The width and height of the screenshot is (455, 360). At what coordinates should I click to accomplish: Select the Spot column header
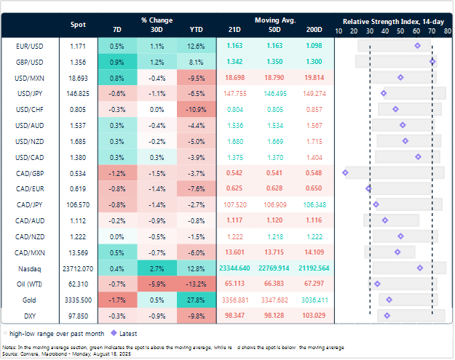click(x=77, y=25)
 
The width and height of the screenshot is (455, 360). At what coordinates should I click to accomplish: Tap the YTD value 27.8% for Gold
click(x=197, y=300)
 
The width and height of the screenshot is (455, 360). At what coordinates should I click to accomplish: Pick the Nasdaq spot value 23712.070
click(x=77, y=268)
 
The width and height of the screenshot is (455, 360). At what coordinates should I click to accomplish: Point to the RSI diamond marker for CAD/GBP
click(x=345, y=172)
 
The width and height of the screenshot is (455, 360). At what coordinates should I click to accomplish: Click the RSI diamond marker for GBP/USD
click(x=432, y=62)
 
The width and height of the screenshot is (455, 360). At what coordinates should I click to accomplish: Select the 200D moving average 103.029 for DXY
click(x=314, y=316)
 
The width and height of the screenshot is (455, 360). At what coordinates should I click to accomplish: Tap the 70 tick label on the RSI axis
click(x=432, y=31)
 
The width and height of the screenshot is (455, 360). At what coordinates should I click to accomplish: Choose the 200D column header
click(x=314, y=31)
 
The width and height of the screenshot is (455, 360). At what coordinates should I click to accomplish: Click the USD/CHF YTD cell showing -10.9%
click(x=197, y=109)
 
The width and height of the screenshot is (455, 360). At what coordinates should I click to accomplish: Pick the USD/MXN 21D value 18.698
click(x=235, y=77)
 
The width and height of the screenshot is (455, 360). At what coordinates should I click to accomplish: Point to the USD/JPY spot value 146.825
click(x=77, y=93)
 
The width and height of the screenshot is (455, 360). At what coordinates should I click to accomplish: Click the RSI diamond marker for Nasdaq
click(x=420, y=268)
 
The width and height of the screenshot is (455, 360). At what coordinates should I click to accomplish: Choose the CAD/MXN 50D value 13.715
click(x=274, y=252)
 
